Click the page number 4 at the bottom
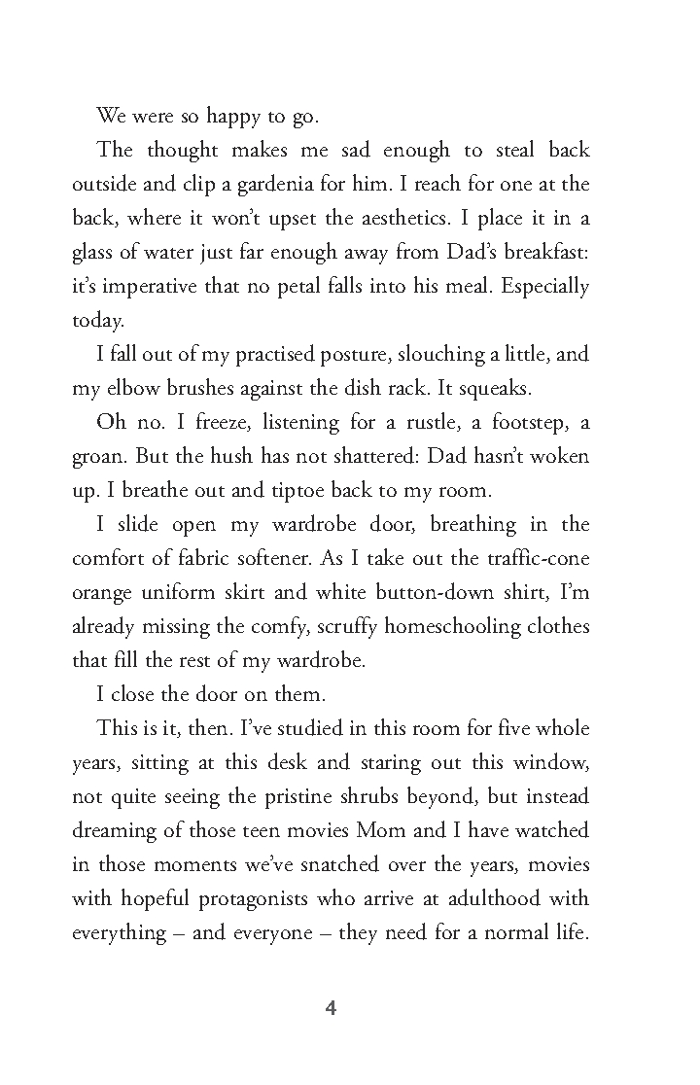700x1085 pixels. pyautogui.click(x=330, y=1008)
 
